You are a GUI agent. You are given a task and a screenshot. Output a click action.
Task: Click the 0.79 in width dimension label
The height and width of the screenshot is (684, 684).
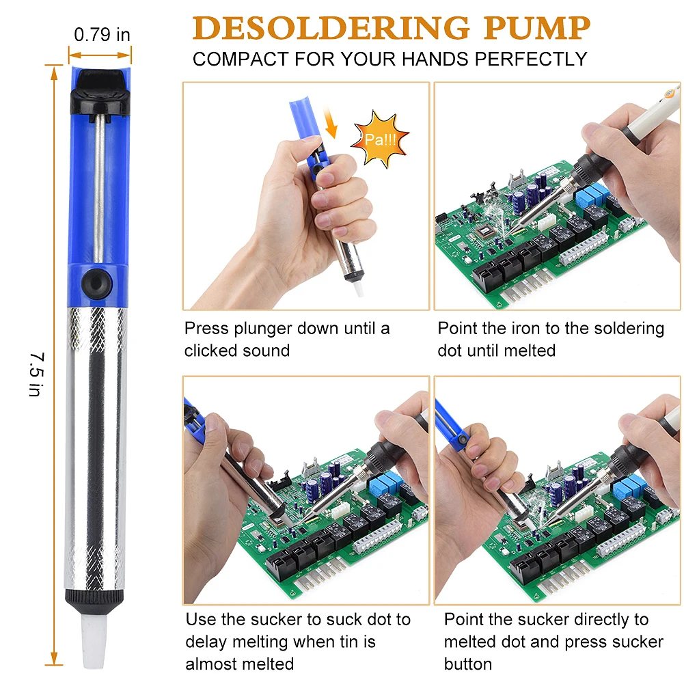click(x=101, y=34)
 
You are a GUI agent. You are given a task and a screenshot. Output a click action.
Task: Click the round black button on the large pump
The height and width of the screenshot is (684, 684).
click(x=96, y=282)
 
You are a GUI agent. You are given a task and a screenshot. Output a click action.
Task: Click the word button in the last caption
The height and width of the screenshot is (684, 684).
click(x=468, y=664)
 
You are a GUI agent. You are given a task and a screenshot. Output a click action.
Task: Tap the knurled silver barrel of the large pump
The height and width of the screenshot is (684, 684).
click(x=96, y=444)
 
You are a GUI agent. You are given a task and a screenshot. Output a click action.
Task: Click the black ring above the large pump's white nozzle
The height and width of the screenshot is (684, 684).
click(x=96, y=598)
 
